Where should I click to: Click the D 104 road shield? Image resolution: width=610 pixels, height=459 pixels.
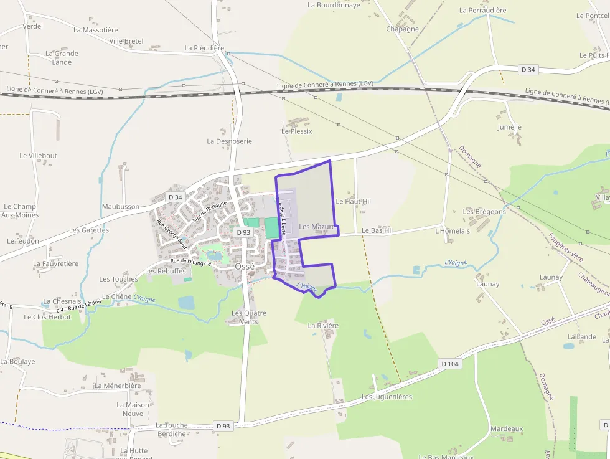(449, 363)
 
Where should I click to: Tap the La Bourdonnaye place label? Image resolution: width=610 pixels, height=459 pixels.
(334, 5)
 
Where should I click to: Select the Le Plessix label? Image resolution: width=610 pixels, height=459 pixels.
(297, 131)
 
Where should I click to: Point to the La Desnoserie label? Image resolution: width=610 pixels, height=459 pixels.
(230, 141)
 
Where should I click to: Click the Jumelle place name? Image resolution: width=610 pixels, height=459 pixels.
(509, 127)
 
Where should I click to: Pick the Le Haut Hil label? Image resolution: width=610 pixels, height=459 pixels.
(353, 202)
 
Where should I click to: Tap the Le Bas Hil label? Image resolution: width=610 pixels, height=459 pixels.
(377, 230)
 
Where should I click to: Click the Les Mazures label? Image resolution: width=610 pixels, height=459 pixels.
(317, 227)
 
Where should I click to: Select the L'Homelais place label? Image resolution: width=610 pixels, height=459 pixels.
(453, 230)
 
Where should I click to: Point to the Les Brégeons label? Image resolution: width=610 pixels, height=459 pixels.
(484, 212)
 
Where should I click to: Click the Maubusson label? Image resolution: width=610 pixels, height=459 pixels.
(121, 206)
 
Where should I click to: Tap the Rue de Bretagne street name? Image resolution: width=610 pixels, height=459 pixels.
(210, 212)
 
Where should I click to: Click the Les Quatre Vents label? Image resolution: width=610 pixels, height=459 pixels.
(249, 317)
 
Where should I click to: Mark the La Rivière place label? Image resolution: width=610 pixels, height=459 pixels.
(324, 326)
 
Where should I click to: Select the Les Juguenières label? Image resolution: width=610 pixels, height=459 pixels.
(387, 397)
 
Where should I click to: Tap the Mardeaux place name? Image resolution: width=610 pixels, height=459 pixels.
(507, 429)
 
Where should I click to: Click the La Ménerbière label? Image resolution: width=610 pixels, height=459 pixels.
(118, 386)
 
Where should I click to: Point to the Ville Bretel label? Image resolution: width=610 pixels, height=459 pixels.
(126, 41)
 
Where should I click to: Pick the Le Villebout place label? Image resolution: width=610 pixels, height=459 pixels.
(38, 156)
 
